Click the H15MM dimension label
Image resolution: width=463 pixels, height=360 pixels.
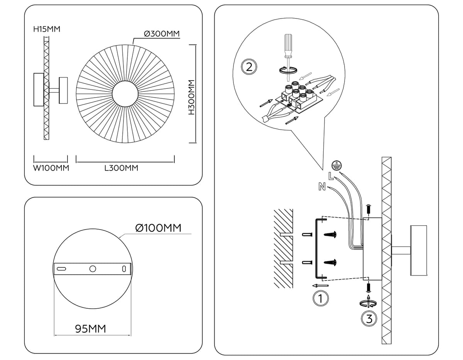47,29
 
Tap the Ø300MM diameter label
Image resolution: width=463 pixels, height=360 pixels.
161,34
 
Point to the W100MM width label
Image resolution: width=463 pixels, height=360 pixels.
51,168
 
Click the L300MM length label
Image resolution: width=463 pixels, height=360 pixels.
121,168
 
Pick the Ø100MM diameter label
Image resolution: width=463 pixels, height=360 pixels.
158,228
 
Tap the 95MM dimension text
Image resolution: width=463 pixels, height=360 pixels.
90,329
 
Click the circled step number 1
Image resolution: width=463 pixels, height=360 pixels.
321,298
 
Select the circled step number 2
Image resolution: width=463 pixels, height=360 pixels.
249,67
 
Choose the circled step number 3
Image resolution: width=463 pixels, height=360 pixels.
369,319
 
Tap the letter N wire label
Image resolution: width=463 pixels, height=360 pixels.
321,188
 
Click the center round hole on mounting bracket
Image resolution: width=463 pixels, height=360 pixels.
93,269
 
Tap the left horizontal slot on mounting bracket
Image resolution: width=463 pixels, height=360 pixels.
61,269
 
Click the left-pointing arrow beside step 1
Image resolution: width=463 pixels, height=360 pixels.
320,286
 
